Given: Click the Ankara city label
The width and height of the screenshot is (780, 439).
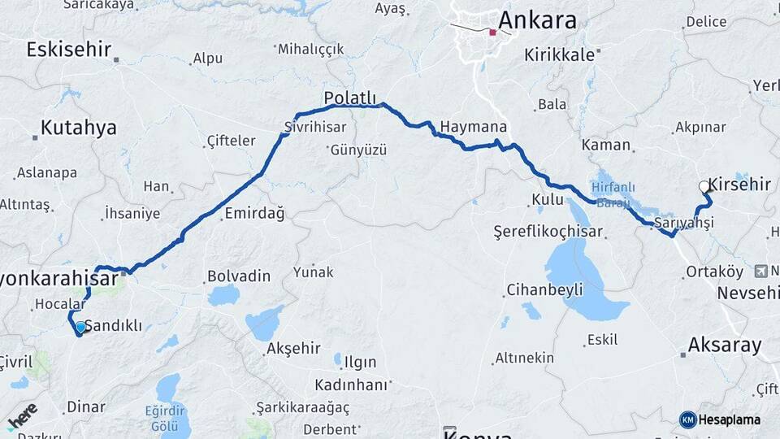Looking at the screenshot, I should click(538, 20).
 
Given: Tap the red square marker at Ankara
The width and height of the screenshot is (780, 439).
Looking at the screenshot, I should click(492, 33).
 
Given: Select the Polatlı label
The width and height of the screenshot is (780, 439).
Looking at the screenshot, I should click(353, 98).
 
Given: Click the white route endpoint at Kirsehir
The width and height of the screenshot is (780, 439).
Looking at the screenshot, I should click(704, 187).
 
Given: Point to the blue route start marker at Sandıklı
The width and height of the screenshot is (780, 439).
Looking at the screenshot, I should click(80, 328).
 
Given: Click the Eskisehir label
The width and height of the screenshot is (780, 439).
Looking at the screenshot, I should click(68, 49).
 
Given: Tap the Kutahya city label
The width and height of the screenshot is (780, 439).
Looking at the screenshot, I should click(78, 128).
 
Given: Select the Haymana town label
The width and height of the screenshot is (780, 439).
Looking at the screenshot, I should click(473, 127).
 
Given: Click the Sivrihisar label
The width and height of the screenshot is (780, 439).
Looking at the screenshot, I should click(315, 127).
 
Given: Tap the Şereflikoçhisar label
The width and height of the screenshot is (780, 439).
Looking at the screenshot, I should click(548, 233).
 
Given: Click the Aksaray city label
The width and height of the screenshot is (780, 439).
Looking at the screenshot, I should click(725, 345).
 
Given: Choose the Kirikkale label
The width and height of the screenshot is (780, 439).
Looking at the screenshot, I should click(561, 54).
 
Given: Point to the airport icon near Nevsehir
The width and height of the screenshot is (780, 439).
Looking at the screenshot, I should click(760, 271).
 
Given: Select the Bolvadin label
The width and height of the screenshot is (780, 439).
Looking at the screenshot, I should click(238, 276).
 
